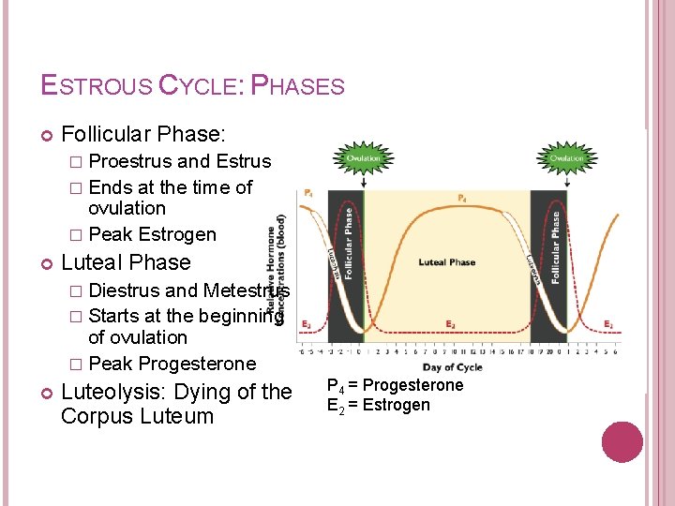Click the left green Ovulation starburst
click(363, 158)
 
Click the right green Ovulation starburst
click(566, 158)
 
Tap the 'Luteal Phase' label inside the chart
click(446, 262)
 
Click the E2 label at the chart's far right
click(609, 324)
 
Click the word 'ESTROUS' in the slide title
click(96, 86)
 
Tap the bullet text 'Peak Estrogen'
click(152, 234)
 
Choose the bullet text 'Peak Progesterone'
click(172, 364)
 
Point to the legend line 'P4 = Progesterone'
click(395, 386)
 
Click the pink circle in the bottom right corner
click(621, 442)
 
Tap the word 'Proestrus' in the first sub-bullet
click(130, 161)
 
